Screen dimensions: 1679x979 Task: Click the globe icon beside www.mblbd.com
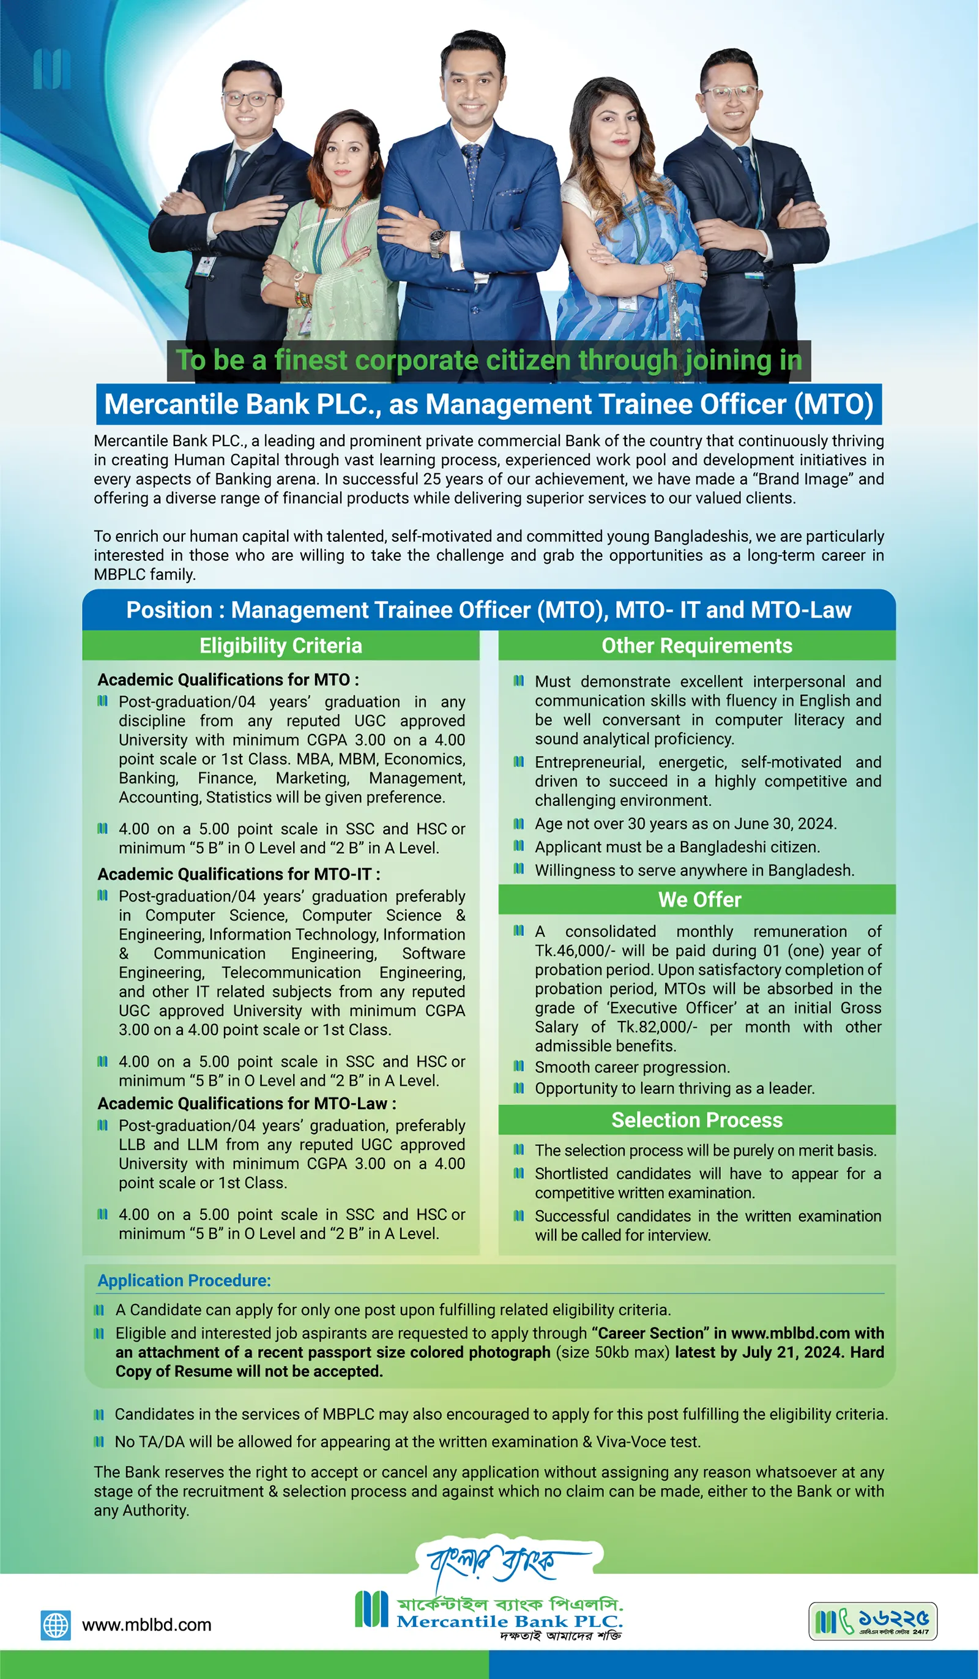point(55,1625)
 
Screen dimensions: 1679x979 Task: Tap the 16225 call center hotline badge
point(873,1620)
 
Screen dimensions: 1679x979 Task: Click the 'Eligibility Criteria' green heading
point(280,646)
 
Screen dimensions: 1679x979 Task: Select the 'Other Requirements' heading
point(697,646)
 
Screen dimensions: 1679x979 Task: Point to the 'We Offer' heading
point(699,899)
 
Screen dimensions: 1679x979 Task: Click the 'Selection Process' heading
point(697,1120)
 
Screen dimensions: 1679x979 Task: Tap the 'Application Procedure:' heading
point(184,1281)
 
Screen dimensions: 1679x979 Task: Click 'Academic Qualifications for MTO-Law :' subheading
point(247,1104)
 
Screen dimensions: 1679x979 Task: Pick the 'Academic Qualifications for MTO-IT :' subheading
point(239,874)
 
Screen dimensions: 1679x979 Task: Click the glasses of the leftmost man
point(249,99)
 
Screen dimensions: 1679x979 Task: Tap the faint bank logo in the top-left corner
point(52,69)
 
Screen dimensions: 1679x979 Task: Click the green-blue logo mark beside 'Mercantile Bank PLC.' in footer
point(371,1609)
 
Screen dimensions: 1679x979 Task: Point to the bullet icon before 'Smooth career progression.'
point(519,1067)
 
